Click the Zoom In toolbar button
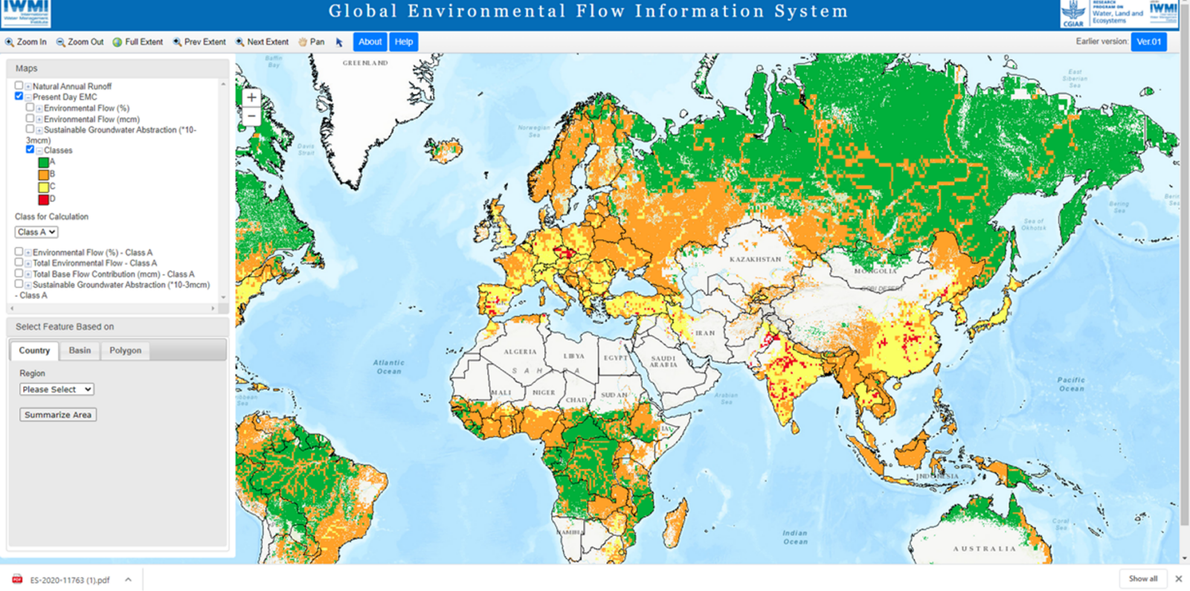26,42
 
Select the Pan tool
312,42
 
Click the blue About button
370,42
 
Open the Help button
404,42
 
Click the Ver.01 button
1148,42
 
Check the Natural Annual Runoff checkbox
19,85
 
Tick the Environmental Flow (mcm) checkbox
30,118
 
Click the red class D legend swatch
43,199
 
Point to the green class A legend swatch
43,162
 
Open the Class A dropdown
36,232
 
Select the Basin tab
80,350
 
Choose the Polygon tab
125,350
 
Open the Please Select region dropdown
57,390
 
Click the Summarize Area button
58,415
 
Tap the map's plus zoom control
251,97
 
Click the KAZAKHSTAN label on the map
755,259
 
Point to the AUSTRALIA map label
984,549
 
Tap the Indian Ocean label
794,537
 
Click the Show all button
1142,578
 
